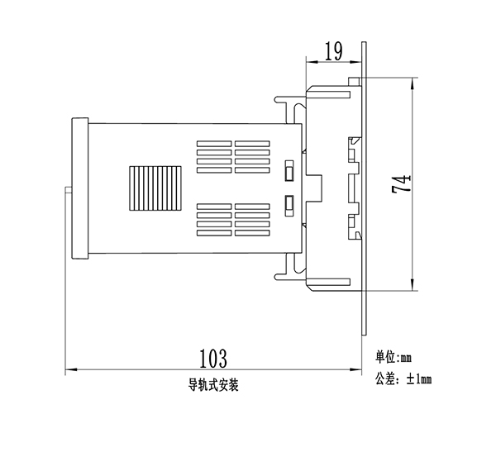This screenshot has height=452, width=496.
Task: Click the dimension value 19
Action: click(334, 52)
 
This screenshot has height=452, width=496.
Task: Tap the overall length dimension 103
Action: click(212, 358)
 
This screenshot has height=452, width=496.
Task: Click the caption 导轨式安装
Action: click(212, 384)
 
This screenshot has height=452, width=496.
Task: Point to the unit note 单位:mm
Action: click(393, 358)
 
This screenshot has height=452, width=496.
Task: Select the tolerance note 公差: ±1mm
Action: click(403, 379)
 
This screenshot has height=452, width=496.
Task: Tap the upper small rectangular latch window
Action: click(289, 172)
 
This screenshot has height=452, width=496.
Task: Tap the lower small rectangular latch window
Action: click(289, 203)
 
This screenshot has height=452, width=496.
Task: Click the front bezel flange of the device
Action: click(79, 188)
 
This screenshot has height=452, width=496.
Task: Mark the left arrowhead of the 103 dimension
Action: click(69, 369)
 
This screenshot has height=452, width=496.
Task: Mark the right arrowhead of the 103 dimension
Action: click(360, 369)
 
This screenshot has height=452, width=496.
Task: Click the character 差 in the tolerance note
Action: click(389, 379)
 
